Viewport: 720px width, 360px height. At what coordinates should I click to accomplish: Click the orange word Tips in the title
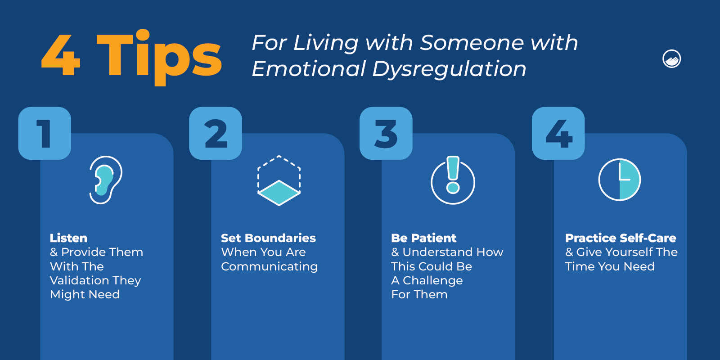point(160,56)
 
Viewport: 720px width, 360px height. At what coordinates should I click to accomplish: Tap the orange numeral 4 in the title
point(61,56)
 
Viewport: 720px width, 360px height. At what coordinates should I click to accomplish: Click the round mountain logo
point(671,59)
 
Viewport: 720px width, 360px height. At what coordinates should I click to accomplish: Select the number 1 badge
point(45,133)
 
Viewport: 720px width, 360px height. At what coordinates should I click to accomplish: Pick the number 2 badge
point(216,133)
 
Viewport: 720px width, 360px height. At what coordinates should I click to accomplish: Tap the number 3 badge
point(386,133)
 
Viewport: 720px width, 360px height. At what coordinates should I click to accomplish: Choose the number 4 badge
point(558,133)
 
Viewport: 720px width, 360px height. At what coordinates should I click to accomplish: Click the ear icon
point(106,180)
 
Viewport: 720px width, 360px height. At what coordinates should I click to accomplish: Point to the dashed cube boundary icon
point(279,180)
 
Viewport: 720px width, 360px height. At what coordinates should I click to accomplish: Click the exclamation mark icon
point(453,180)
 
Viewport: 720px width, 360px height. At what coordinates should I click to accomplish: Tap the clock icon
point(620,180)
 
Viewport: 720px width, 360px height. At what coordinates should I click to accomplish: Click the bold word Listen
point(68,238)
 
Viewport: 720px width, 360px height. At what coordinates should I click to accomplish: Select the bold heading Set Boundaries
point(268,238)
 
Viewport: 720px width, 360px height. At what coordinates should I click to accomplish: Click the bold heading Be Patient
point(423,238)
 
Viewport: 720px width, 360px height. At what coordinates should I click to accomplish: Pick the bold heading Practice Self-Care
point(621,238)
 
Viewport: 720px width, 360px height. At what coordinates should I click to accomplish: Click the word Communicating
point(269,266)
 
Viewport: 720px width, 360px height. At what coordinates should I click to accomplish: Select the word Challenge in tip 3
point(432,280)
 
